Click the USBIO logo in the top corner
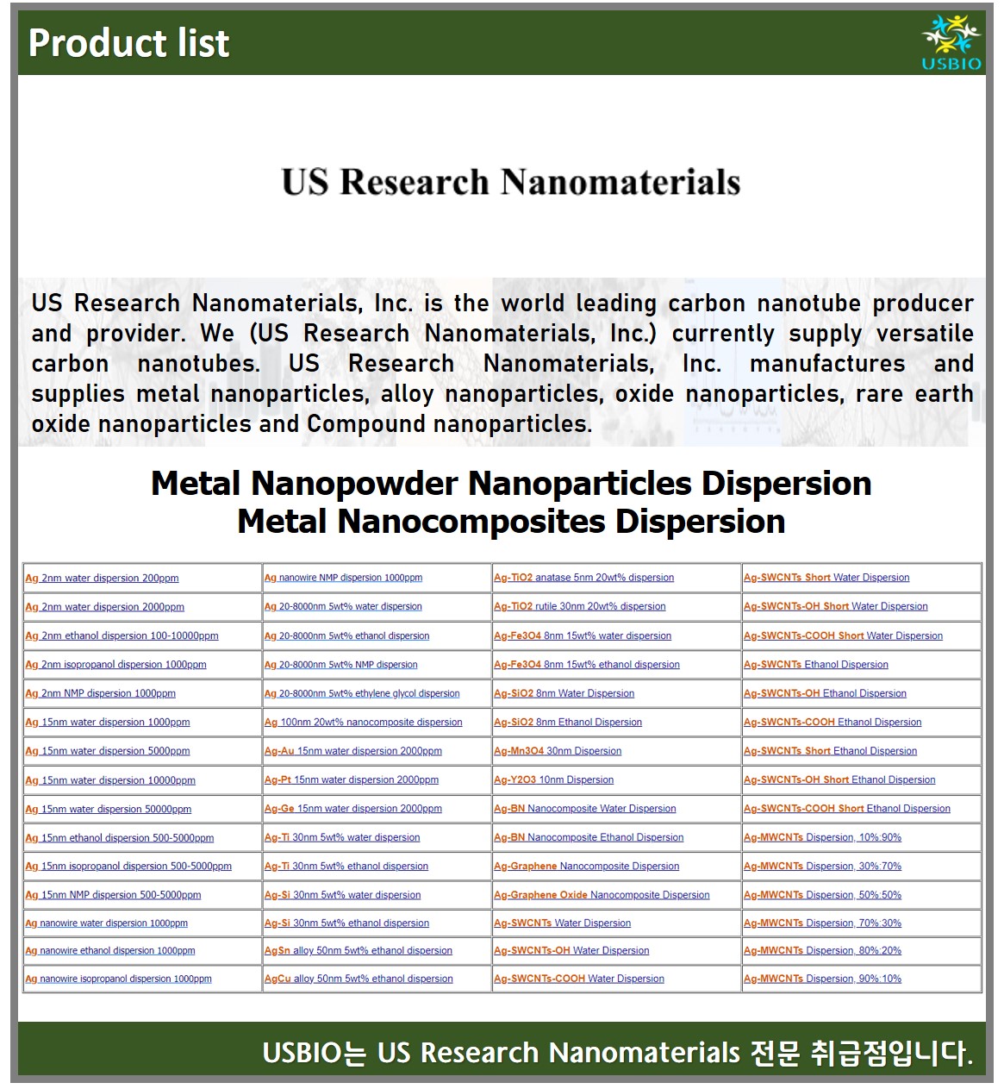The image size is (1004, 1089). pos(951,42)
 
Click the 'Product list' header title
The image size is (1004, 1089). pos(129,43)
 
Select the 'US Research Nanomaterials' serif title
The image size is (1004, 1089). pos(511,183)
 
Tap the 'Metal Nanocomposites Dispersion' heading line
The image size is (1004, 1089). pos(511,522)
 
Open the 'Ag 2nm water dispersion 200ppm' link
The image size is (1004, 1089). pos(102,579)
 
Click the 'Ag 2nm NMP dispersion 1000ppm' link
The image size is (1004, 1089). pos(100,693)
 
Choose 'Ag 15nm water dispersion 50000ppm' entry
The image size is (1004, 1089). pos(108,809)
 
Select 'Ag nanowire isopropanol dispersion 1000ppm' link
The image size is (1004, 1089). pos(118,979)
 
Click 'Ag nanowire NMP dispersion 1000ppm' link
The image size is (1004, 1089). pos(343,578)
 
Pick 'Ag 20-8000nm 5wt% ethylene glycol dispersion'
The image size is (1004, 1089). pos(362,693)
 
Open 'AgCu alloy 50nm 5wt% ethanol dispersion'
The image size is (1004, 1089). pos(359,979)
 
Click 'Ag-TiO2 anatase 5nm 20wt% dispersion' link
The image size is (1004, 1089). pos(583,578)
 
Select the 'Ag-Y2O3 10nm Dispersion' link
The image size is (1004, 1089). pos(553,779)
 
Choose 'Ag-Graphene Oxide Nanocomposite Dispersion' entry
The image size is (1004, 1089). pos(602,895)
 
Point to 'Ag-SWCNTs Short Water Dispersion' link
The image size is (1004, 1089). pos(826,578)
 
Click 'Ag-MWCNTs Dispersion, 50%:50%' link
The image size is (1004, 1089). pos(822,895)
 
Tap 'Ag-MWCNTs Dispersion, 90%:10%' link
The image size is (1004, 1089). pos(822,979)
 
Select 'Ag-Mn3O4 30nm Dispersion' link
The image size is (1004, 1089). pos(558,751)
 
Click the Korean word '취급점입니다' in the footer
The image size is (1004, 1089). pos(890,1053)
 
